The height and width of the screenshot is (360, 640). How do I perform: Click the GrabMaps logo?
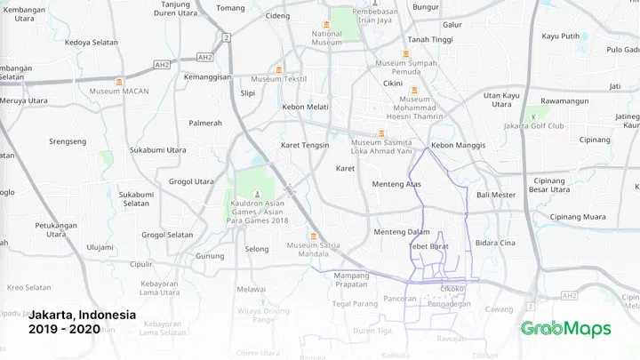coord(566,329)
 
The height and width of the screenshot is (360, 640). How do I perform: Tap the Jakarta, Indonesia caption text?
coord(82,316)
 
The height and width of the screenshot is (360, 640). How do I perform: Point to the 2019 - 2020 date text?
coord(64,329)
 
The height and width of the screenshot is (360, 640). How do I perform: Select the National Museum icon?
coord(327,22)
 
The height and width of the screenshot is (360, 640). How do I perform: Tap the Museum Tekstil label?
coord(279,78)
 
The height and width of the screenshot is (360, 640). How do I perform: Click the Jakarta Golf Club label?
coord(534,125)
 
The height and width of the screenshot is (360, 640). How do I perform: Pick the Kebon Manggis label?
coord(456,145)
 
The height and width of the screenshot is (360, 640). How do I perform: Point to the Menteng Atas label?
coord(396,184)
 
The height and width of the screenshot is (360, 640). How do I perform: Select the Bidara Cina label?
coord(495,242)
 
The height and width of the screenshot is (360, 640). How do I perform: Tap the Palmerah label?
coord(205,123)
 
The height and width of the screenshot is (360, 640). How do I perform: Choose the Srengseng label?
coord(68,140)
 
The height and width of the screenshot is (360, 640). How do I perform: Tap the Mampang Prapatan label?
coord(350,280)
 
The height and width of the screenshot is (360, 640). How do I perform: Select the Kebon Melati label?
coord(305,107)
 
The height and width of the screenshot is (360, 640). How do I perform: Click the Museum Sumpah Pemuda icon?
coord(406,53)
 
